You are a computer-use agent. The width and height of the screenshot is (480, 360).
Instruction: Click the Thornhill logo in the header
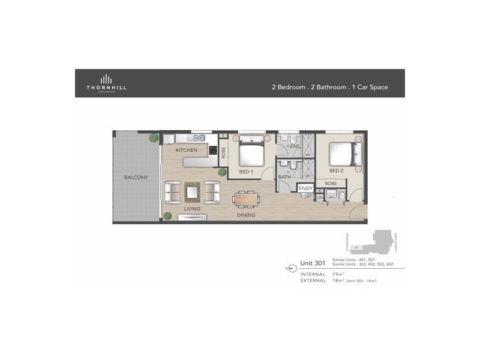click(x=106, y=83)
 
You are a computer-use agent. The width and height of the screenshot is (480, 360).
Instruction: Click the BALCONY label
click(x=136, y=178)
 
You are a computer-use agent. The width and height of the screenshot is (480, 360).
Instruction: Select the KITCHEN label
click(x=187, y=149)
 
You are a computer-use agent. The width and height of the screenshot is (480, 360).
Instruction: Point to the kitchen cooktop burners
click(x=213, y=151)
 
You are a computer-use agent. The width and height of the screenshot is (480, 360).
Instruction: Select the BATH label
click(x=284, y=177)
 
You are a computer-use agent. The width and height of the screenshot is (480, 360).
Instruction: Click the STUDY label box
click(x=305, y=188)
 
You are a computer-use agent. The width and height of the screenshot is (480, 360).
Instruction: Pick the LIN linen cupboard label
click(x=319, y=197)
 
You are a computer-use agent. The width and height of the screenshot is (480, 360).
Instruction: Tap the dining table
click(x=245, y=198)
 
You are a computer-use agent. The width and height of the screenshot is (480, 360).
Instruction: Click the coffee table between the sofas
click(x=192, y=193)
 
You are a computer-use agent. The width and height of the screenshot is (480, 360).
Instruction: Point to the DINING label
click(x=246, y=215)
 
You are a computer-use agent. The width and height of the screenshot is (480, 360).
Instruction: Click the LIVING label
click(x=192, y=209)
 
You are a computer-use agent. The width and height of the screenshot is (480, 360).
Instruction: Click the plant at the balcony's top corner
click(x=154, y=138)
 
